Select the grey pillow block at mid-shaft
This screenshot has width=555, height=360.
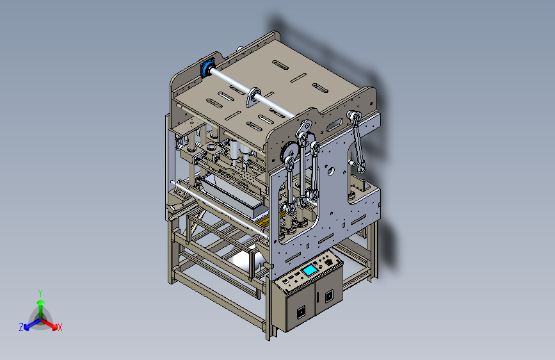pyautogui.click(x=253, y=97)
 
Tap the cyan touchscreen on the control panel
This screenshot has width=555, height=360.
pyautogui.click(x=310, y=270)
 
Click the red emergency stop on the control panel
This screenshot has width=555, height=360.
pyautogui.click(x=329, y=262)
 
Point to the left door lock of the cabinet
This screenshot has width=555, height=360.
pyautogui.click(x=301, y=312)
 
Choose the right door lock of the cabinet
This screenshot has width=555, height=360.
pyautogui.click(x=329, y=295)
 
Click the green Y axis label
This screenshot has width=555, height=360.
pyautogui.click(x=40, y=293)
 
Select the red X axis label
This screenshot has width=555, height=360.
pyautogui.click(x=60, y=327)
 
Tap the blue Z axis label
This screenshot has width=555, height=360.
pyautogui.click(x=21, y=327)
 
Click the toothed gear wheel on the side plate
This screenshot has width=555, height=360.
pyautogui.click(x=289, y=151)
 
